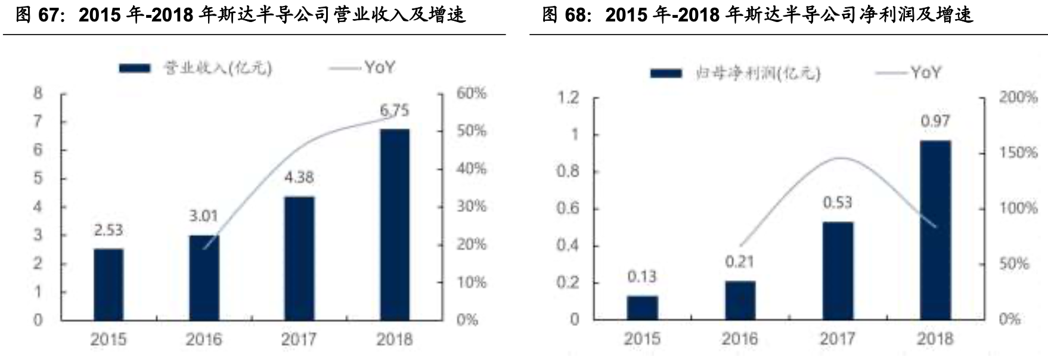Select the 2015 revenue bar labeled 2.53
[x=108, y=284]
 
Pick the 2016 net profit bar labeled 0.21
[x=740, y=300]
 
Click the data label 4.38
[x=299, y=177]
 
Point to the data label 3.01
[x=203, y=216]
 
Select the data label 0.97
[x=935, y=121]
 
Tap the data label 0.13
[x=641, y=277]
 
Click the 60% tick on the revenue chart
[x=472, y=93]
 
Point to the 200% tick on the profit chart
[x=1018, y=97]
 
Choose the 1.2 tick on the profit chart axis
[x=568, y=97]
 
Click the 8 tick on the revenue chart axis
[x=38, y=93]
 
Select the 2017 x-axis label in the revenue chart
[x=299, y=339]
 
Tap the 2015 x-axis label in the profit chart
[x=641, y=339]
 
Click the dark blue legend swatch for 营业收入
[x=135, y=68]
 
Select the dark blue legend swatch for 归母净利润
[x=666, y=73]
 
